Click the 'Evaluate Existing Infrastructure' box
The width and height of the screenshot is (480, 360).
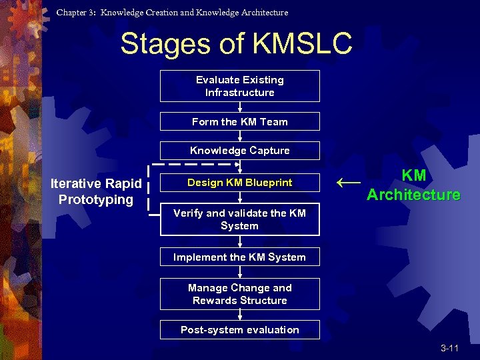pyautogui.click(x=239, y=86)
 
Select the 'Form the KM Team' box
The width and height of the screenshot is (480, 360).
pyautogui.click(x=239, y=121)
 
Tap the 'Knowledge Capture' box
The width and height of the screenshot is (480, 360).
pyautogui.click(x=239, y=151)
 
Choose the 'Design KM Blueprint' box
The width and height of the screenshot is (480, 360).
pyautogui.click(x=239, y=183)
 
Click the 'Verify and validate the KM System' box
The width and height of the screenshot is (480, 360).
pyautogui.click(x=239, y=219)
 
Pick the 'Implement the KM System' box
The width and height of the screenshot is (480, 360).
pyautogui.click(x=239, y=257)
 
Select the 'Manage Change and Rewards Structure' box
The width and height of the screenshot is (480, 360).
pyautogui.click(x=239, y=294)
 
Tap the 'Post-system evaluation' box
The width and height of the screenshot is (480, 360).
pyautogui.click(x=239, y=330)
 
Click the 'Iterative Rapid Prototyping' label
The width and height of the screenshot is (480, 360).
pyautogui.click(x=96, y=191)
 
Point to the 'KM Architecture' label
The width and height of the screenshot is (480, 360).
pyautogui.click(x=413, y=185)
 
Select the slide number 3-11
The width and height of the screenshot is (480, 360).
pyautogui.click(x=449, y=349)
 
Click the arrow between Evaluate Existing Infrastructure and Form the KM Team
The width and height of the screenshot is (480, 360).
pyautogui.click(x=239, y=107)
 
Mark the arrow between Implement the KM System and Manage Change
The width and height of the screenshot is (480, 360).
pyautogui.click(x=239, y=273)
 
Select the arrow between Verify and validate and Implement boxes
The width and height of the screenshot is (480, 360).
pyautogui.click(x=239, y=241)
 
